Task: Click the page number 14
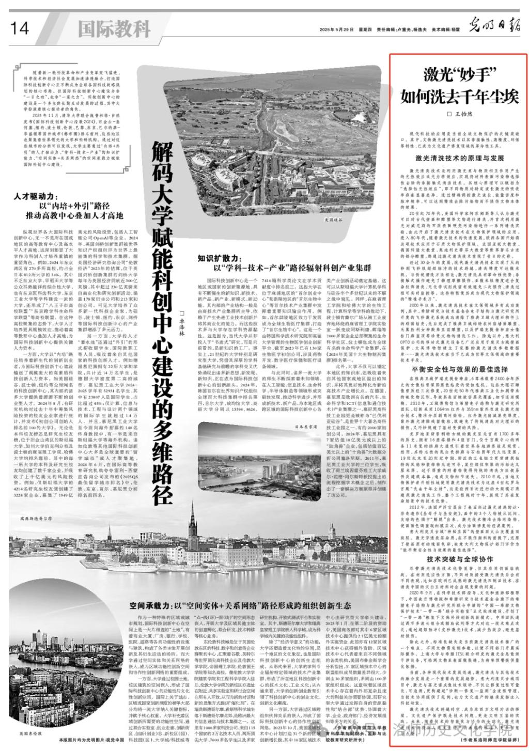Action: click(19, 28)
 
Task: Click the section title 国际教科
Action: click(114, 28)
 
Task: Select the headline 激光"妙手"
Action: click(456, 74)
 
